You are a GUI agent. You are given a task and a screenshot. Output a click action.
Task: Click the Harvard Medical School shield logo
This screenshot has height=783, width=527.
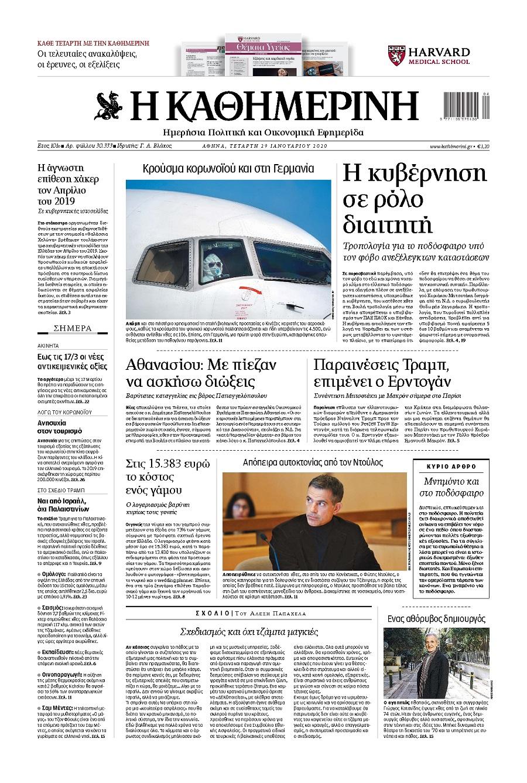tap(396, 56)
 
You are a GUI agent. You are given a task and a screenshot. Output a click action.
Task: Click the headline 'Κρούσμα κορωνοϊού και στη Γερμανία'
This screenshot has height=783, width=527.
tap(228, 169)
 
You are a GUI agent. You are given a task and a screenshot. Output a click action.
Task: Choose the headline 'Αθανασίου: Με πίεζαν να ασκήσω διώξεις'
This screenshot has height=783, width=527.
tap(201, 373)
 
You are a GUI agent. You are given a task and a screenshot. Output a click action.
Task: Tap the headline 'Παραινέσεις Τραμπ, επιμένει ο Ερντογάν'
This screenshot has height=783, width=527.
tap(382, 373)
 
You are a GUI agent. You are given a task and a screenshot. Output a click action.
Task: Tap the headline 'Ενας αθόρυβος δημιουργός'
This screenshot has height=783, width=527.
tap(437, 618)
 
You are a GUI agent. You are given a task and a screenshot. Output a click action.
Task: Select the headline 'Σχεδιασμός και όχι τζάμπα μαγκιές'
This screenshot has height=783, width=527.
tap(249, 632)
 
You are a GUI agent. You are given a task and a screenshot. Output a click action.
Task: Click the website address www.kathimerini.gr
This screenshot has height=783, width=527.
tap(450, 147)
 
